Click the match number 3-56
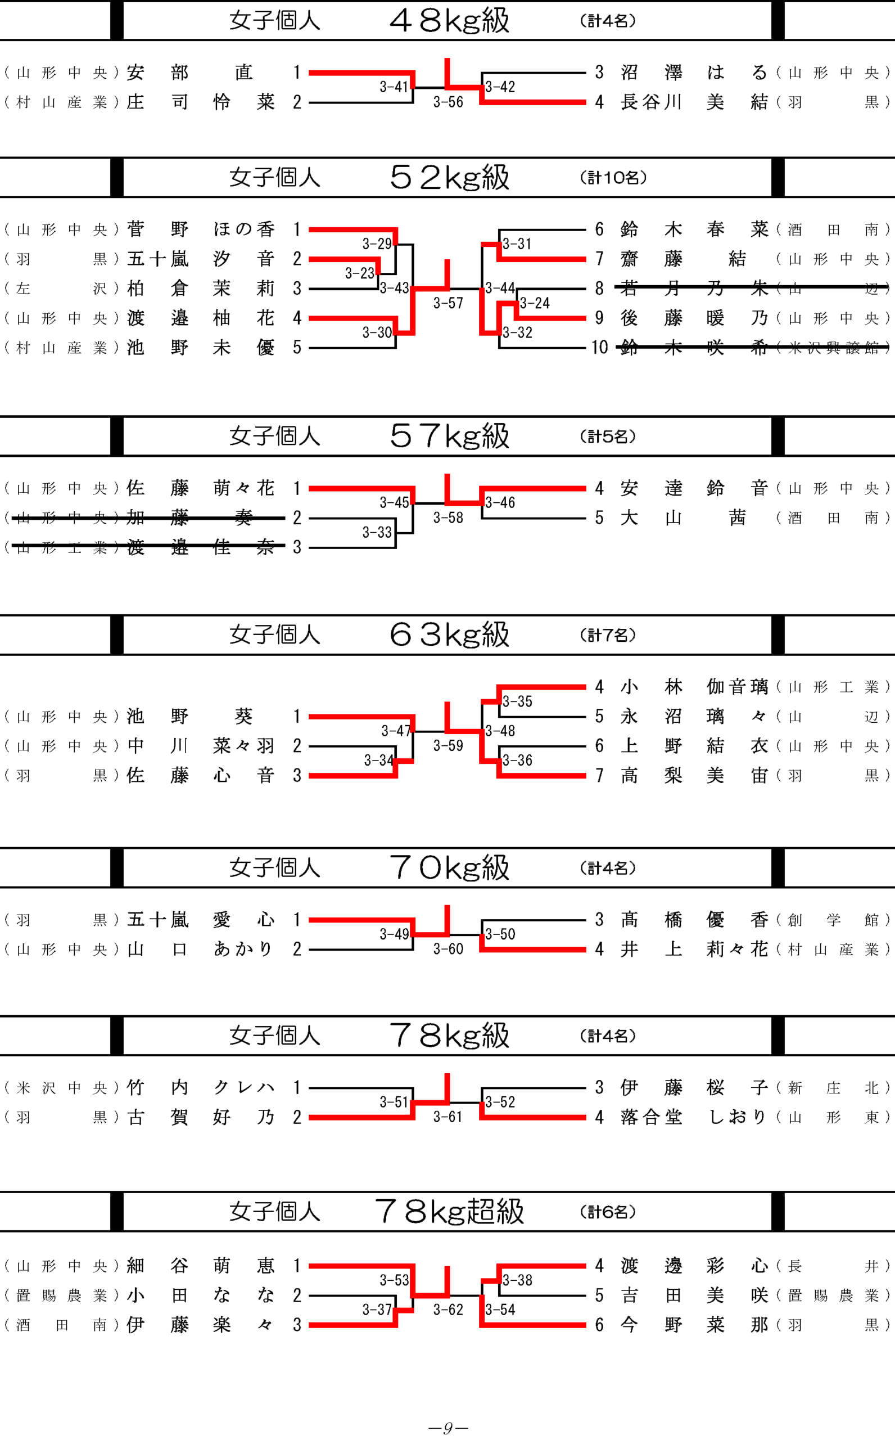(x=447, y=102)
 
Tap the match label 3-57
(x=447, y=303)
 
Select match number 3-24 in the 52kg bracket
(x=535, y=303)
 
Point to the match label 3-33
(x=377, y=532)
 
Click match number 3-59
(x=447, y=745)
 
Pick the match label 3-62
(x=447, y=1309)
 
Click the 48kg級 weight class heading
(x=449, y=21)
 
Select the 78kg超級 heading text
(x=449, y=1211)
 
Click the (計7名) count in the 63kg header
(x=607, y=635)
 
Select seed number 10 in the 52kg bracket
(x=599, y=348)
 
